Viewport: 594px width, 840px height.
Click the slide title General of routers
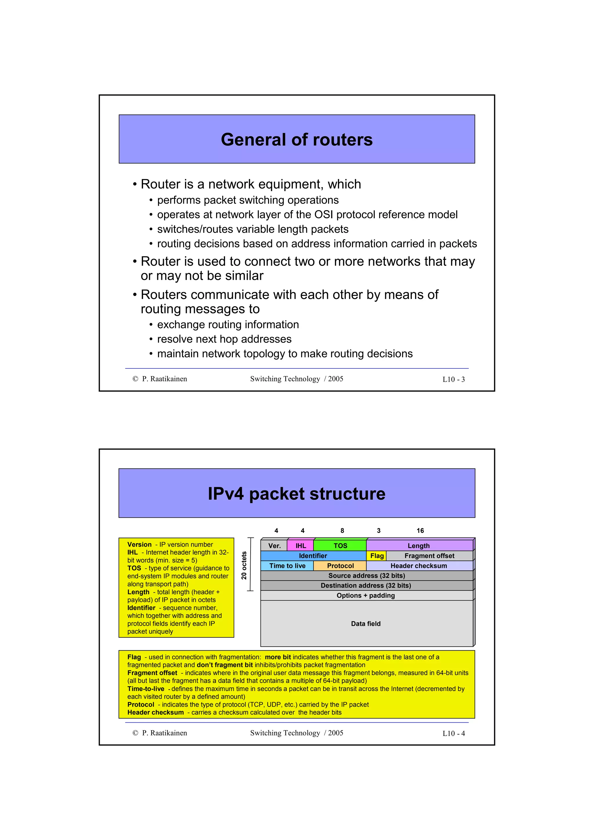click(x=296, y=140)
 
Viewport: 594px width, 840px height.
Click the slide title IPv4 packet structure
click(x=296, y=494)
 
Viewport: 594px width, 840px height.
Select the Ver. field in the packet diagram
click(x=274, y=546)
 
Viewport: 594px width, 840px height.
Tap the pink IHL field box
click(x=300, y=546)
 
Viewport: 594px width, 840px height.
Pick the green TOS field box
click(x=340, y=546)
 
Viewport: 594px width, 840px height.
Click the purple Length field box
click(x=419, y=546)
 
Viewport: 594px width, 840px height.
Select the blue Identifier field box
click(x=313, y=556)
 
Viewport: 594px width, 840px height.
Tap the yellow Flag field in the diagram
click(x=376, y=556)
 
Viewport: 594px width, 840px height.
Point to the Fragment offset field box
click(x=429, y=556)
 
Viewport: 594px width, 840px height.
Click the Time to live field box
click(x=287, y=566)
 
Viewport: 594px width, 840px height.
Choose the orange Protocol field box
click(x=340, y=566)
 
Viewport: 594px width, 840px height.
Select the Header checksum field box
click(x=419, y=566)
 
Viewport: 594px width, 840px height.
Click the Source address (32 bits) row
click(x=366, y=575)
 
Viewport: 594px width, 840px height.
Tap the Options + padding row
click(x=366, y=595)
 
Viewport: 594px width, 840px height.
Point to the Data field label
click(x=366, y=624)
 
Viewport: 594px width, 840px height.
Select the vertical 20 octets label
click(x=244, y=565)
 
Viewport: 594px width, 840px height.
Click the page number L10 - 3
click(x=453, y=379)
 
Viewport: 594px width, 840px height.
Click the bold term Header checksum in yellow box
click(x=155, y=712)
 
